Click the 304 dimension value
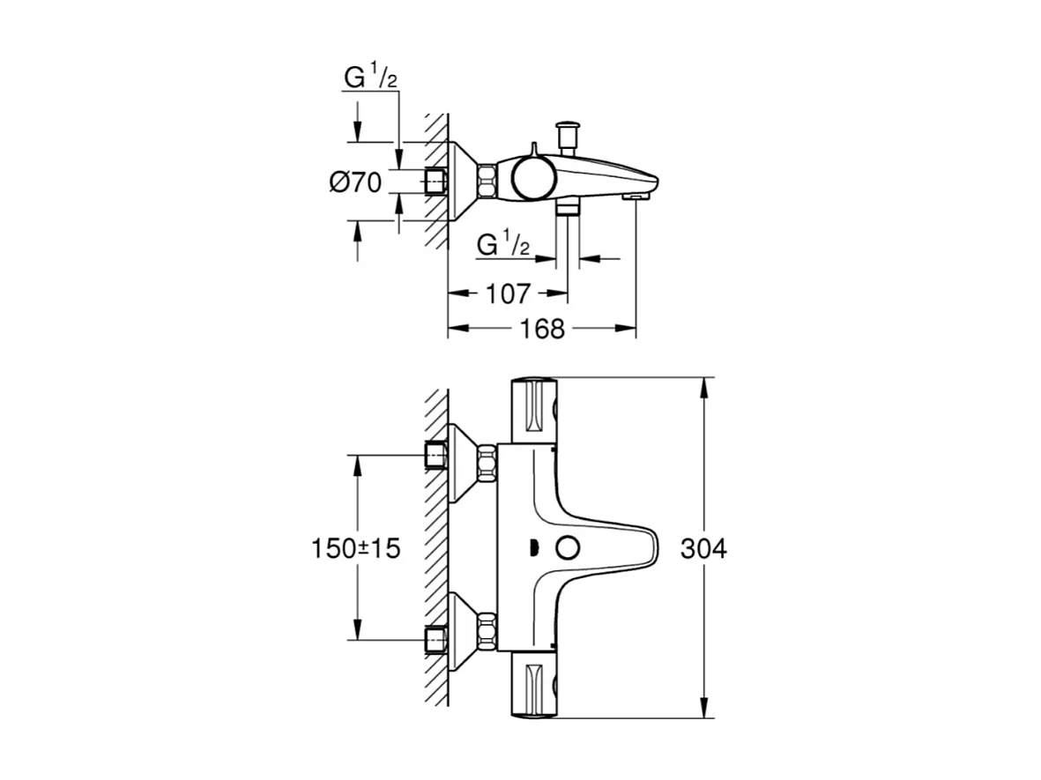click(x=703, y=548)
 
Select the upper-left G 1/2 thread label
click(x=370, y=79)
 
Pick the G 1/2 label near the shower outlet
click(x=503, y=244)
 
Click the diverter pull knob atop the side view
click(x=566, y=133)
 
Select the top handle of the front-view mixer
click(x=534, y=410)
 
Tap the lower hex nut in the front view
click(x=487, y=631)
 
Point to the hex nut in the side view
click(x=487, y=182)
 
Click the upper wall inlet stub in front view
click(x=435, y=455)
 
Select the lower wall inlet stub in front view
click(x=435, y=639)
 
